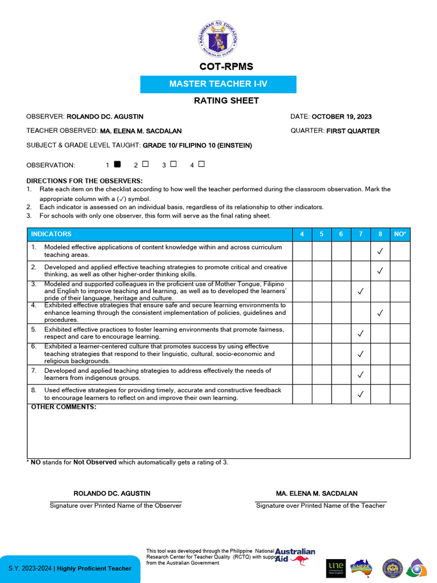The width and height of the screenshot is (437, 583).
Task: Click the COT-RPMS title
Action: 218,67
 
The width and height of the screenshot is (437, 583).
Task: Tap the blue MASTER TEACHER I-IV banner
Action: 218,84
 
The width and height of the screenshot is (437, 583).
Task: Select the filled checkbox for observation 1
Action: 117,165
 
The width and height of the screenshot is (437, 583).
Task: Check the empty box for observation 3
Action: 173,165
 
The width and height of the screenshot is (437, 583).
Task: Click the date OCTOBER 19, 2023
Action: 341,117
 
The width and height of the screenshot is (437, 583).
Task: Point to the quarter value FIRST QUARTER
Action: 353,131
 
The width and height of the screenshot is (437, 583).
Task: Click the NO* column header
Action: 399,234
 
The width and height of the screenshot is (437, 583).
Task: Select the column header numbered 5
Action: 321,234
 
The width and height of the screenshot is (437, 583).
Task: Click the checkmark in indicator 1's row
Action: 380,251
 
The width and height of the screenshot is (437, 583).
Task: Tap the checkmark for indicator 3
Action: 360,291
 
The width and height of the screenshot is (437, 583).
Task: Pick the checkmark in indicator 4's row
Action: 380,313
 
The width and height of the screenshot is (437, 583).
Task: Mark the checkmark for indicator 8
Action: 360,394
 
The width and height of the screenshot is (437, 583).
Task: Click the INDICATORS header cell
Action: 51,234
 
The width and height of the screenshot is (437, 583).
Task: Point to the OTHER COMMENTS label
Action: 63,407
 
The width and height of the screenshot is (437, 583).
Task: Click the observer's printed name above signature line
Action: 112,494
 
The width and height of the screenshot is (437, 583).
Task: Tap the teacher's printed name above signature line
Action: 316,494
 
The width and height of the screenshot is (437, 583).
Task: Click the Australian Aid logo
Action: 295,556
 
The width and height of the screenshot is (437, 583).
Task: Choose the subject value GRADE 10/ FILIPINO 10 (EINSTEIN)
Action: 197,145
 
